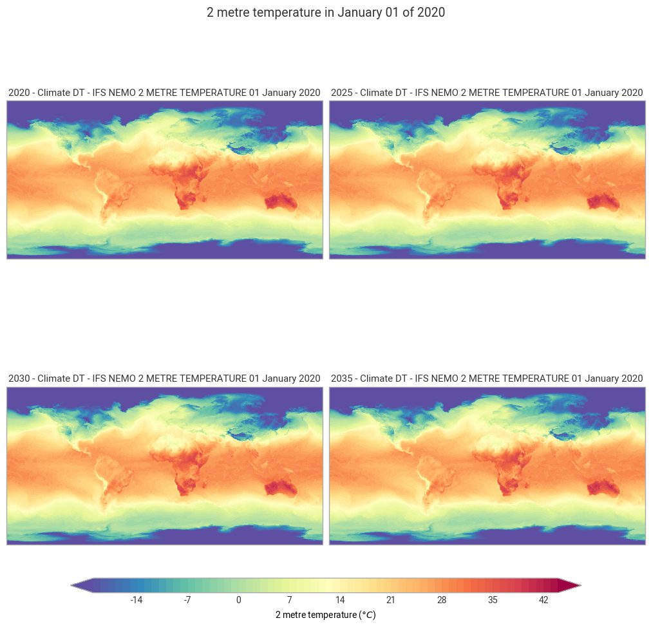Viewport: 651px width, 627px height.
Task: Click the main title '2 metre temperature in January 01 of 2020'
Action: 325,13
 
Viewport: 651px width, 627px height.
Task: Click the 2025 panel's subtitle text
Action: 487,93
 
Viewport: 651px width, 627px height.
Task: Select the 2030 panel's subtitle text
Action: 164,379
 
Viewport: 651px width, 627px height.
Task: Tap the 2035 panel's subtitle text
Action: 487,379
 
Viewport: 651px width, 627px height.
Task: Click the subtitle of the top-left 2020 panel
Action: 164,93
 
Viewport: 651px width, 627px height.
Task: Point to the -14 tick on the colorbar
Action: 137,600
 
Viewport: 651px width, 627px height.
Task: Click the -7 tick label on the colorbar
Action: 187,600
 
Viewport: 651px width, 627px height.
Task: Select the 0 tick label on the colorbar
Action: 238,600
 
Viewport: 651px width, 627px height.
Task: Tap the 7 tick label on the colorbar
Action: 289,600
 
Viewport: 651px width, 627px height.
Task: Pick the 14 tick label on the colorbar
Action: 340,600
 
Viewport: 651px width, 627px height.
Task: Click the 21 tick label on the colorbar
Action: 391,600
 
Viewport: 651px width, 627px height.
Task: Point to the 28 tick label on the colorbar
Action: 442,600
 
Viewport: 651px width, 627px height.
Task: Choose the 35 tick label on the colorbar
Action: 493,600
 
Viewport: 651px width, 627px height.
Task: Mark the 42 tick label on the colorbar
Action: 543,600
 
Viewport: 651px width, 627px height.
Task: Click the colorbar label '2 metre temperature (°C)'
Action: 325,615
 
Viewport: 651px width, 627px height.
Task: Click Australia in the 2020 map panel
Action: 281,203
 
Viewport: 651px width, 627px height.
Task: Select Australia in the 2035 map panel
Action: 604,489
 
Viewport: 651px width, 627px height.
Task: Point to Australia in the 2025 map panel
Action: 604,203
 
